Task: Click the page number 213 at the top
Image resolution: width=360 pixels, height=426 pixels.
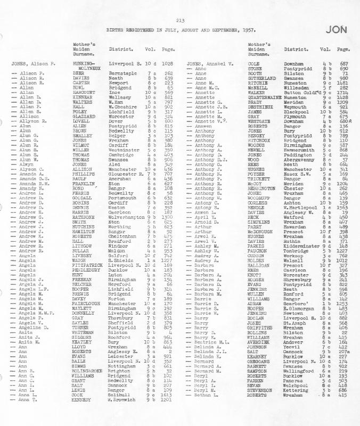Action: [181, 20]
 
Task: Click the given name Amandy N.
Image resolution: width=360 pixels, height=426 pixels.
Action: [31, 188]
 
